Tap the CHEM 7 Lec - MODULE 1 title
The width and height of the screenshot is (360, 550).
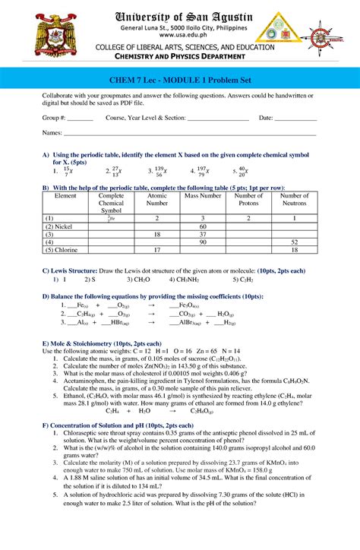(x=180, y=86)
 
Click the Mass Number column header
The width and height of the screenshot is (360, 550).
(x=203, y=196)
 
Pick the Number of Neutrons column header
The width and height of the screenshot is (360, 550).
(x=295, y=200)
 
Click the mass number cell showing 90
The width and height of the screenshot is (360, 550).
(x=203, y=242)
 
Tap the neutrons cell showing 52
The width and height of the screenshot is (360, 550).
(x=295, y=242)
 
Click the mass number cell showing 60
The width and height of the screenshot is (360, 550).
(x=203, y=227)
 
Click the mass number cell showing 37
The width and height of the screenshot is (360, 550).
(x=203, y=235)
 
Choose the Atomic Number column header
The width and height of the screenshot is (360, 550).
(x=156, y=200)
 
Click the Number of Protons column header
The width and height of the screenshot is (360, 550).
(x=249, y=200)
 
